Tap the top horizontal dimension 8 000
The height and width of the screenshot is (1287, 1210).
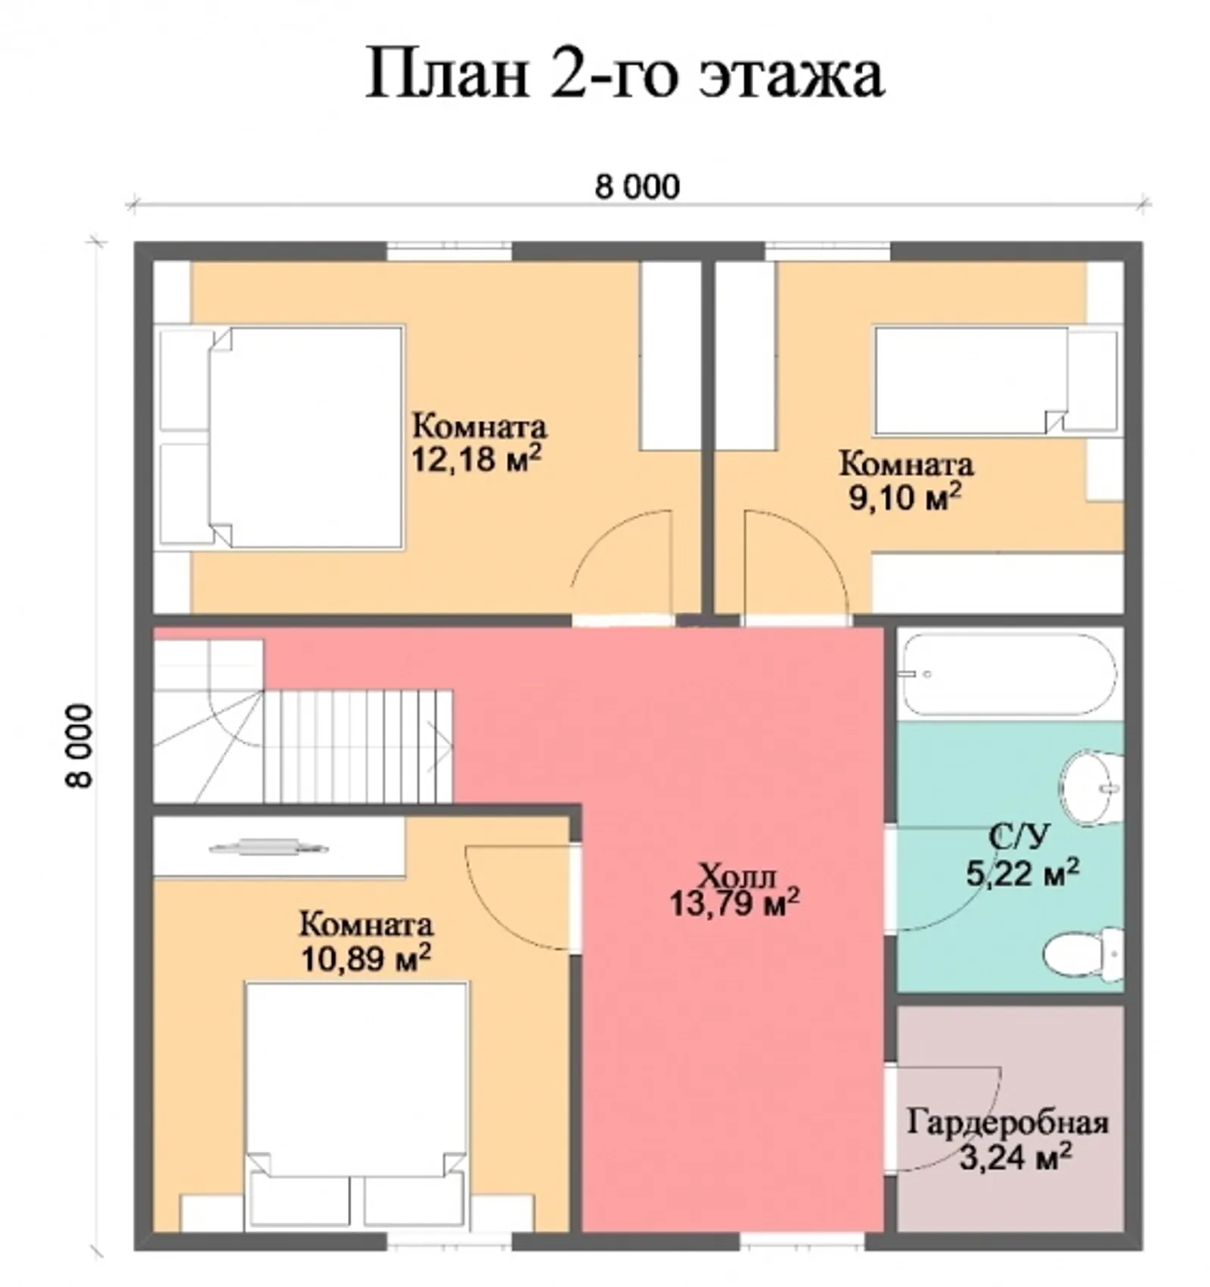point(637,187)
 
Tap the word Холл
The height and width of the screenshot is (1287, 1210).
point(737,877)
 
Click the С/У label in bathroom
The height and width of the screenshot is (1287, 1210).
point(1019,836)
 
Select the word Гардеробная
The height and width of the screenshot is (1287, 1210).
point(1007,1122)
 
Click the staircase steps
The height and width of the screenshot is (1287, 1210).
point(355,745)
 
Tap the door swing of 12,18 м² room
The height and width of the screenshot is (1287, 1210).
point(622,563)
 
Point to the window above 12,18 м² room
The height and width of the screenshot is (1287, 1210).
point(450,250)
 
